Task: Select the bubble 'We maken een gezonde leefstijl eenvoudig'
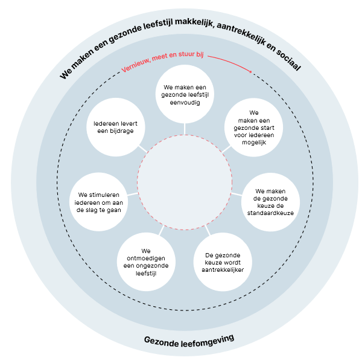click(186, 95)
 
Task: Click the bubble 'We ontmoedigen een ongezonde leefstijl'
click(147, 262)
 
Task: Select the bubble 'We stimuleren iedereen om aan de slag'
click(101, 202)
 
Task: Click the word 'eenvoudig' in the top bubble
click(186, 103)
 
